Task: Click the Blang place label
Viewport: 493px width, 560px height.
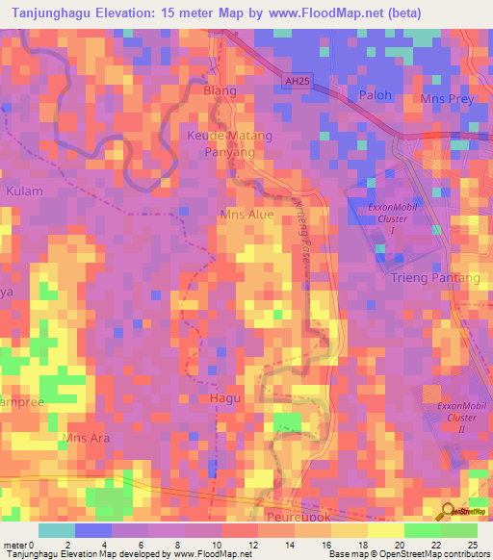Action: click(220, 89)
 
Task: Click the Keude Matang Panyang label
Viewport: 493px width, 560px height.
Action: click(229, 144)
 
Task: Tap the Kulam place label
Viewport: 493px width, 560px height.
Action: click(24, 191)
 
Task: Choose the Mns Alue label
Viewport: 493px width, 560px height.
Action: click(247, 215)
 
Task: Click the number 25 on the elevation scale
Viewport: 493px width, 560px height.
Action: click(472, 546)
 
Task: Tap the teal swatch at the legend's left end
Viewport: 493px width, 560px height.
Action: click(57, 530)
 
